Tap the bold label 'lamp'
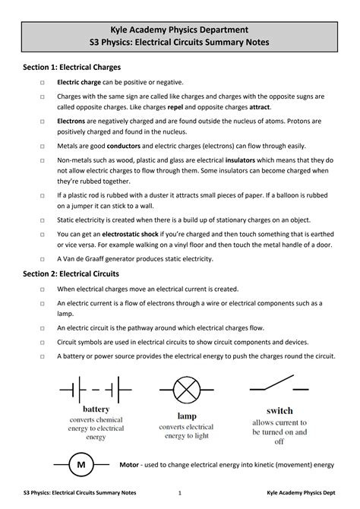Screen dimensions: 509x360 [x=187, y=416]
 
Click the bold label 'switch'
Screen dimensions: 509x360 [x=279, y=410]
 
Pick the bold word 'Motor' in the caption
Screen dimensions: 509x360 [x=130, y=463]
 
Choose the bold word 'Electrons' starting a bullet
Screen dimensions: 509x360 [x=71, y=121]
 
